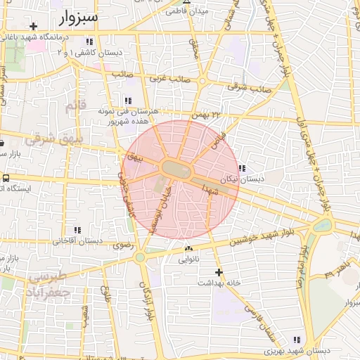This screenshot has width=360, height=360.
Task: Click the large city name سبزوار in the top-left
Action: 78,16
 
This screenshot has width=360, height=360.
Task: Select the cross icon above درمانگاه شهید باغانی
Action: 33,26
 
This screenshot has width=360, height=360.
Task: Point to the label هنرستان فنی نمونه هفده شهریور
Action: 131,116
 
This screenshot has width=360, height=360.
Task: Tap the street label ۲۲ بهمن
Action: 205,113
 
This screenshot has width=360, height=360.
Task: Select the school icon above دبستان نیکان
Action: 242,168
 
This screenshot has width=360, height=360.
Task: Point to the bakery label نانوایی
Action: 188,259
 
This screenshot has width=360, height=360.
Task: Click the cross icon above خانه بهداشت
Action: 219,271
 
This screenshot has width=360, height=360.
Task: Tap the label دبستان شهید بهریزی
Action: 297,350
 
